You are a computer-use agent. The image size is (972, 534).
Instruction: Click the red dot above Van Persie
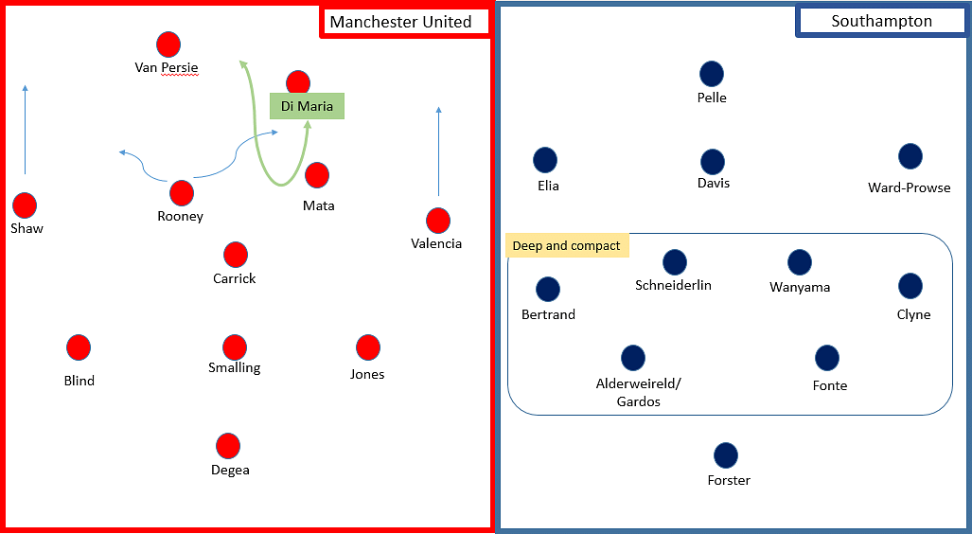(168, 44)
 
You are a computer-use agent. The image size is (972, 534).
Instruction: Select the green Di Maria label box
(307, 106)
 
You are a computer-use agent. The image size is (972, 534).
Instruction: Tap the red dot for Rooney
(181, 193)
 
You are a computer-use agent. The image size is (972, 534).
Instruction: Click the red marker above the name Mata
(317, 175)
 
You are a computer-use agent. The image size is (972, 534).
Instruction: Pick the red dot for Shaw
(25, 205)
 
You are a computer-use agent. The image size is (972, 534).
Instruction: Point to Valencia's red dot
(437, 221)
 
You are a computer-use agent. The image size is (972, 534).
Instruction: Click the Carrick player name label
(235, 278)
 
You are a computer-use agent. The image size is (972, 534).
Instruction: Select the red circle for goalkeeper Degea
(228, 446)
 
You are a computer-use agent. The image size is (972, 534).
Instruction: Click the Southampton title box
(880, 21)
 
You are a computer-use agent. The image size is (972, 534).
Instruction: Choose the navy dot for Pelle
(712, 74)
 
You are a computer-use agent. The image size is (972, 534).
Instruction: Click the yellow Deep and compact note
(566, 246)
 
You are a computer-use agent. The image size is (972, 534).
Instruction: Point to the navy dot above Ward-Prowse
(910, 156)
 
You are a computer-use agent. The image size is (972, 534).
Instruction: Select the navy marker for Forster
(726, 455)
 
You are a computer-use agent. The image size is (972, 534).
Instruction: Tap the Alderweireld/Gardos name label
(638, 392)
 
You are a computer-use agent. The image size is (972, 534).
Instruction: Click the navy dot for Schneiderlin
(674, 262)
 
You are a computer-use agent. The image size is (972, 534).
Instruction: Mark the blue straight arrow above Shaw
(26, 129)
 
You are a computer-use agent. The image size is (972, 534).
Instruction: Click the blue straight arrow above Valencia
(438, 151)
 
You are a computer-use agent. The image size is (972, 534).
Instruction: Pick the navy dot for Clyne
(910, 286)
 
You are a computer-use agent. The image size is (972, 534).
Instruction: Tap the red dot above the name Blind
(79, 347)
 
